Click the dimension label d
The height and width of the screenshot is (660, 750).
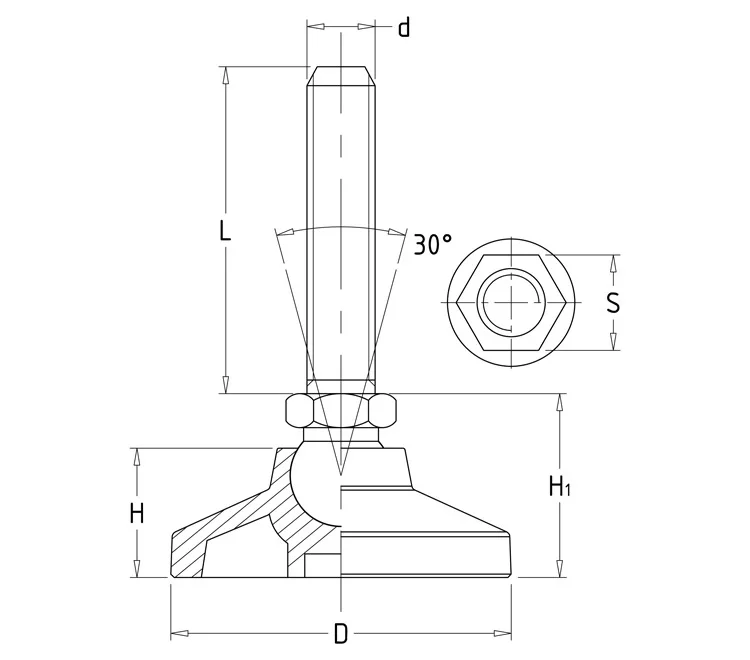404,27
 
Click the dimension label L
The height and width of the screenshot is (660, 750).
225,231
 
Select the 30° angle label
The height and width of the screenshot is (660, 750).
433,244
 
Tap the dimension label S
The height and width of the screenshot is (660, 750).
613,302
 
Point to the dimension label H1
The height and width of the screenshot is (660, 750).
561,488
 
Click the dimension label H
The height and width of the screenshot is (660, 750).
137,514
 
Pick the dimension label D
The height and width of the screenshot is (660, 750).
341,634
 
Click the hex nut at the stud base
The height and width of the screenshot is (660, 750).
341,410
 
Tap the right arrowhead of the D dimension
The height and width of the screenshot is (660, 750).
509,633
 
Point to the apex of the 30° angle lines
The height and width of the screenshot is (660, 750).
341,472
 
